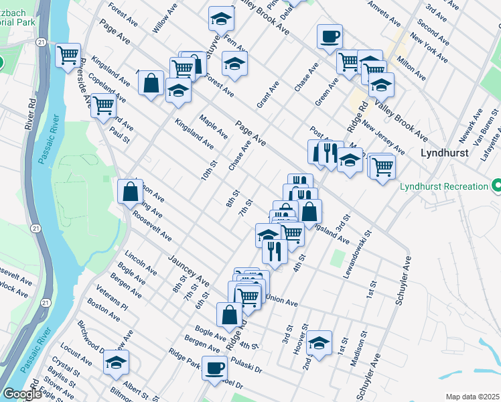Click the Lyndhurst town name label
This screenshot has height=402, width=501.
(x=446, y=153)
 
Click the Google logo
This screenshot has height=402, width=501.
(x=22, y=395)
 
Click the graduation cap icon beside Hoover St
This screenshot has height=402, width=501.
(x=320, y=342)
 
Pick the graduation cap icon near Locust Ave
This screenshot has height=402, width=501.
(x=116, y=362)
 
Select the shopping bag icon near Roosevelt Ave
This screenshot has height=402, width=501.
(x=129, y=192)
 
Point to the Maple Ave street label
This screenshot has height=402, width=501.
(x=214, y=126)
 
